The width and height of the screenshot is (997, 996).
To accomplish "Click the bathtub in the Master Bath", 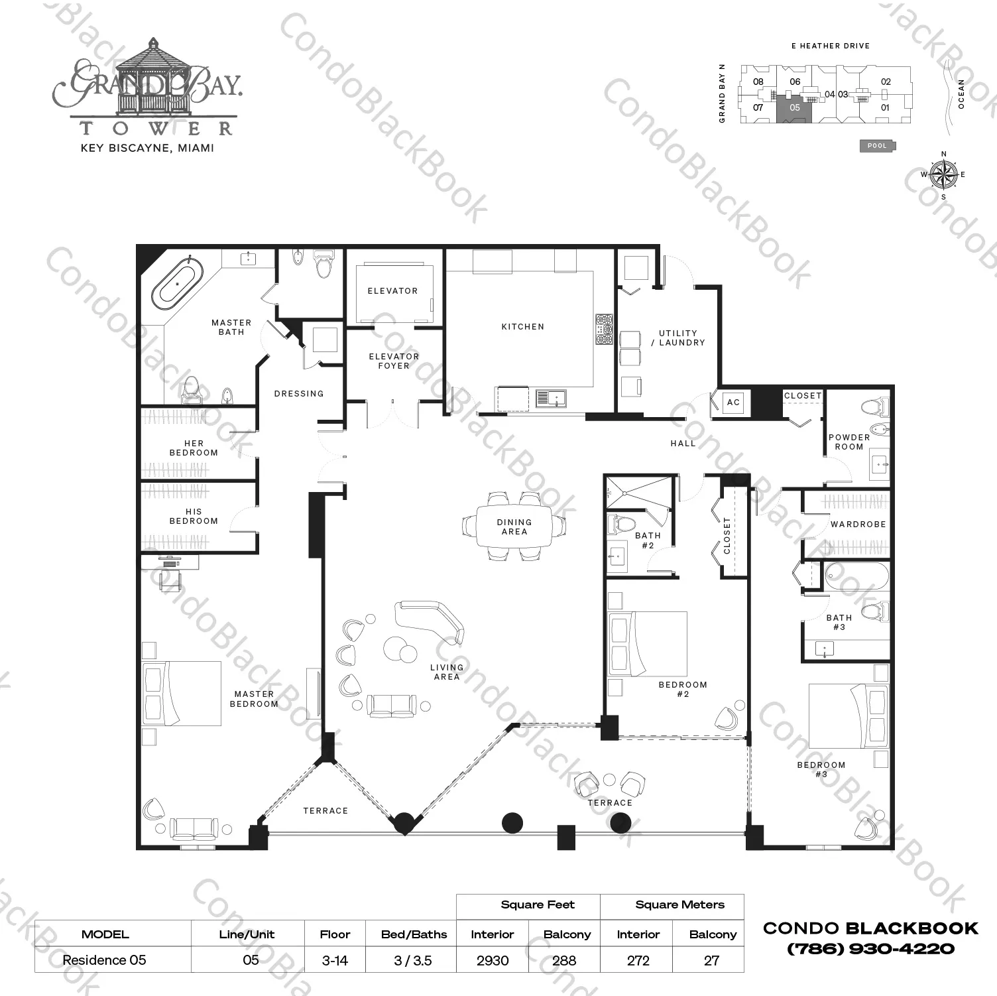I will point(178,283).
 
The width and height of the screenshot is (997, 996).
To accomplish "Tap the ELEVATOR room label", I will point(392,290).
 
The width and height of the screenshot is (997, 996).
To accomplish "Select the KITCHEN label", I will point(522,326).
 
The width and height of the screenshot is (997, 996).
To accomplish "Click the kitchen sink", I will point(550,399).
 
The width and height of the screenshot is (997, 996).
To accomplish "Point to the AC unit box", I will point(733,403).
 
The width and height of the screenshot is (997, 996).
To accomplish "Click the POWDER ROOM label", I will point(849,442).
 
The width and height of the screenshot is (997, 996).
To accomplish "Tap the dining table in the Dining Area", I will point(514,527).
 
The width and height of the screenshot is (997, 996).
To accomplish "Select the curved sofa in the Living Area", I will point(430,619).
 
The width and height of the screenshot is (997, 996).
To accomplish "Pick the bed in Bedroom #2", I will point(648,644).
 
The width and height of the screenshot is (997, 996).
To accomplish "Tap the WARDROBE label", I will point(858,524).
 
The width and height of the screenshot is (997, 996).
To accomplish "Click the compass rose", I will point(943,175).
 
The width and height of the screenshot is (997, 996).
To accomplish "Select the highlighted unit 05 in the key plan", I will point(794,109).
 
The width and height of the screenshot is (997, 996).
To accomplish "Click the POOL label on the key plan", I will point(877,146).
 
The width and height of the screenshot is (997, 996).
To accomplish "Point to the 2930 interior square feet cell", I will point(493,960).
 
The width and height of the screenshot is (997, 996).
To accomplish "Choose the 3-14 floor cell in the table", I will point(335,960).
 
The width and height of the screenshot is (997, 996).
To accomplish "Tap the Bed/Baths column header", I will point(414,934).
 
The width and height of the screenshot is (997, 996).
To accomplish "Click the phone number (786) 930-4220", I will point(870,949).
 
